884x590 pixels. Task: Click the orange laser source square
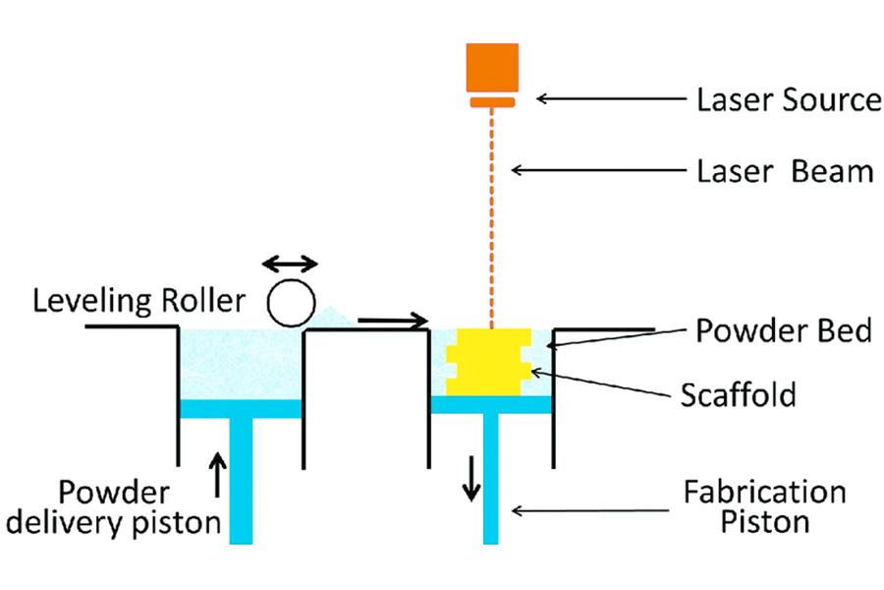pos(492,68)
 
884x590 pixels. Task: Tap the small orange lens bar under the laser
pos(492,102)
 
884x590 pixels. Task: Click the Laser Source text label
pos(788,99)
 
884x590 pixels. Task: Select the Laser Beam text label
pos(784,171)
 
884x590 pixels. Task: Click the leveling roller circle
pos(293,301)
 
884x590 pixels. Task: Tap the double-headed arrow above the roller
pos(291,264)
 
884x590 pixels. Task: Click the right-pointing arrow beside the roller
pos(393,320)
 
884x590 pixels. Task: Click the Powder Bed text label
pos(783,330)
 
